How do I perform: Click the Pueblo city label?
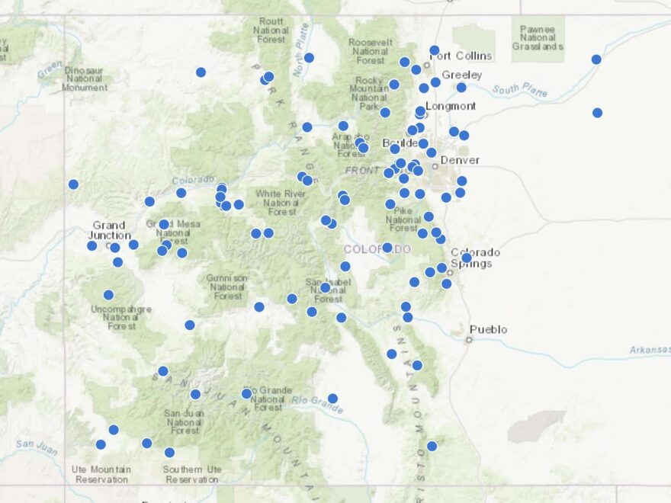coord(489,329)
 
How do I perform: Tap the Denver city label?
coord(460,160)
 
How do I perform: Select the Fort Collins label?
coord(466,56)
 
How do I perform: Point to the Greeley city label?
coord(462,75)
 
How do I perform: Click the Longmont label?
coord(451,106)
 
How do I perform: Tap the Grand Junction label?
coord(108,230)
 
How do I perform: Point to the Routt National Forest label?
coord(271,30)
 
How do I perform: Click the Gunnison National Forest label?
coord(226,287)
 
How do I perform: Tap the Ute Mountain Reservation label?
coord(100,474)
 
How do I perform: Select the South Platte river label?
coord(519,90)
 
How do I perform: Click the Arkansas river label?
coord(649,350)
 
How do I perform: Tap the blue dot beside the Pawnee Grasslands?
coord(596,59)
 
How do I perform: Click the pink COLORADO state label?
coord(377,249)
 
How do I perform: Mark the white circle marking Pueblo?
coord(469,340)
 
